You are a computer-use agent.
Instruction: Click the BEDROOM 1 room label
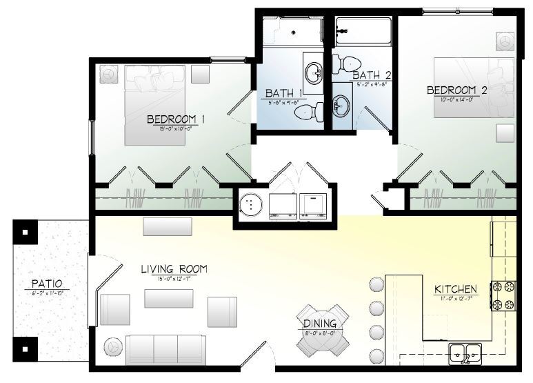[177, 119]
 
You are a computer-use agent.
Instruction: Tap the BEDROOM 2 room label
[457, 90]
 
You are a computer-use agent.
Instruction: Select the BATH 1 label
[284, 93]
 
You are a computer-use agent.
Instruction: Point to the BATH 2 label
[372, 75]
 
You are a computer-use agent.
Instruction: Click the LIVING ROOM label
[174, 269]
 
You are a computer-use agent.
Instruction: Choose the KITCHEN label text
[456, 288]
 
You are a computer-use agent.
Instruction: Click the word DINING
[320, 324]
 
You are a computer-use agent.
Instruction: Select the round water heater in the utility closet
[251, 204]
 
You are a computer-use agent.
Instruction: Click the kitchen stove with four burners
[503, 295]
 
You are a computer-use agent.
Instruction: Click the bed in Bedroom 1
[155, 104]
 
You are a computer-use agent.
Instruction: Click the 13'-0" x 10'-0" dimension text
[177, 129]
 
